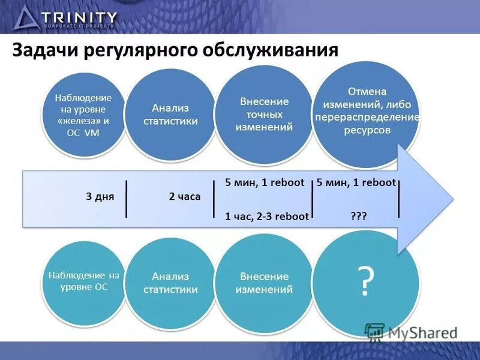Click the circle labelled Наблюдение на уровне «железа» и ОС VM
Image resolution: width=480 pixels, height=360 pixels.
tap(83, 115)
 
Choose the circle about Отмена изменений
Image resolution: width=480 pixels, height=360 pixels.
tap(367, 108)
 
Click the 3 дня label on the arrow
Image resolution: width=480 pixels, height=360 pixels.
tap(100, 196)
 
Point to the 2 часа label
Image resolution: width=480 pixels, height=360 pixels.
tap(185, 196)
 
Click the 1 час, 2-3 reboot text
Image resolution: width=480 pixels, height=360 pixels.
tap(266, 217)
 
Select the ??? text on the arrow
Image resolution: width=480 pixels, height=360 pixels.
tap(359, 217)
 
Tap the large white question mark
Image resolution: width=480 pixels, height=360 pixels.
tap(365, 281)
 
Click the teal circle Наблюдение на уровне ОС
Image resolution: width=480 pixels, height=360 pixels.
tap(84, 281)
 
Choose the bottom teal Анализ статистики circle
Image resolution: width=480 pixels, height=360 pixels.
tap(170, 282)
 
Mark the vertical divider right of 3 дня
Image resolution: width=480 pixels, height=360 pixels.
tap(127, 198)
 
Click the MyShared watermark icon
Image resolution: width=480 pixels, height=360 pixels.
tap(374, 331)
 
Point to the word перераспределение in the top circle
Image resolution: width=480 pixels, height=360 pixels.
tap(367, 117)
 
